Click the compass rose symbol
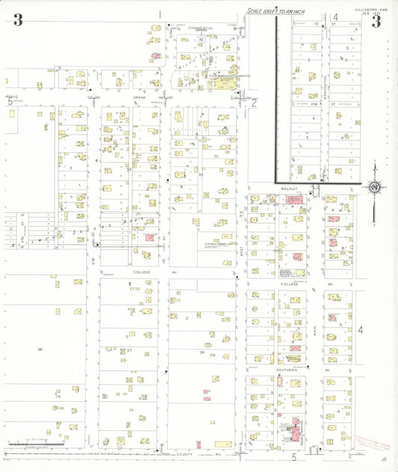[x=375, y=187]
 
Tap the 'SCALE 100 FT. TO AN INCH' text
[x=276, y=11]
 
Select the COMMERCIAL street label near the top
[x=200, y=28]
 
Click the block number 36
[x=40, y=350]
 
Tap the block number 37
[x=128, y=350]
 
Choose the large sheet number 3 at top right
[x=376, y=21]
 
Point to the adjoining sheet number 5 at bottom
[x=294, y=456]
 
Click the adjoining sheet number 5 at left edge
[x=10, y=102]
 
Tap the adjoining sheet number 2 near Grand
[x=254, y=103]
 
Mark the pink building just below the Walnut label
[x=293, y=200]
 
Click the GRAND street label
[x=140, y=98]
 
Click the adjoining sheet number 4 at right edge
[x=360, y=329]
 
